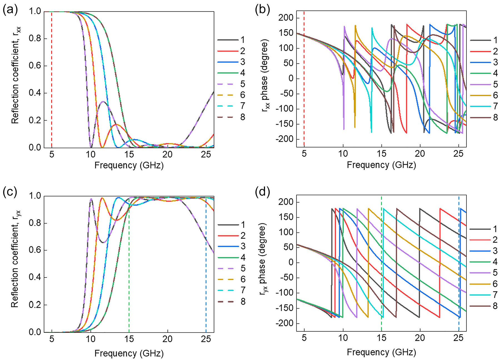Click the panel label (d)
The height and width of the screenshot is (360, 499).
263,192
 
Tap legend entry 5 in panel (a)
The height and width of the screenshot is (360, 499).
243,84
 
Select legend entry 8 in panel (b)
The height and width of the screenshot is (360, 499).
495,117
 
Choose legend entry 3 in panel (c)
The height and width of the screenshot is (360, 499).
243,246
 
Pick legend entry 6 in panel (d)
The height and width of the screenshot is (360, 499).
495,284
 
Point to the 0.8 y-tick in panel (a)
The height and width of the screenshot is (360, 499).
35,38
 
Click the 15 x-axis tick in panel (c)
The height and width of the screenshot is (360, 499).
129,339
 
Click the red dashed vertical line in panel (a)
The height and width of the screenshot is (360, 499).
52,83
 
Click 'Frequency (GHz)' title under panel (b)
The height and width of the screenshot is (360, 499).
381,165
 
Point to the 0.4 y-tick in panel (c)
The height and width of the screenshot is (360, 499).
35,277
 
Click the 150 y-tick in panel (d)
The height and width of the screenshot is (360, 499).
285,217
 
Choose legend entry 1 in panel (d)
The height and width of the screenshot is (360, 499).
495,229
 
